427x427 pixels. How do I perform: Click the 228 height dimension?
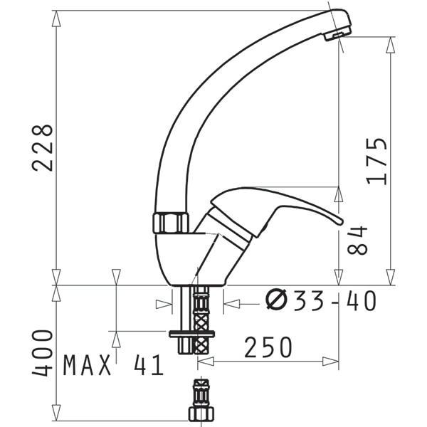(x=42, y=148)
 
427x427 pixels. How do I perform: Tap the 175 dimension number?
(x=376, y=162)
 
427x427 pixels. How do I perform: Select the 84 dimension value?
(x=357, y=240)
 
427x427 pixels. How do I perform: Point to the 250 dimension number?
(x=268, y=347)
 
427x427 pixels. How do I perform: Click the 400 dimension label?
(x=42, y=353)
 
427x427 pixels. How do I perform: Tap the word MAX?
(x=87, y=365)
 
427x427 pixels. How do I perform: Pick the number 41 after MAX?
(x=149, y=365)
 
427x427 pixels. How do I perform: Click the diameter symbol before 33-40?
(x=276, y=300)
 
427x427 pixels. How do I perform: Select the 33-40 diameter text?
(x=334, y=300)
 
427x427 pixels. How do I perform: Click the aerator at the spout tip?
(x=337, y=35)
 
